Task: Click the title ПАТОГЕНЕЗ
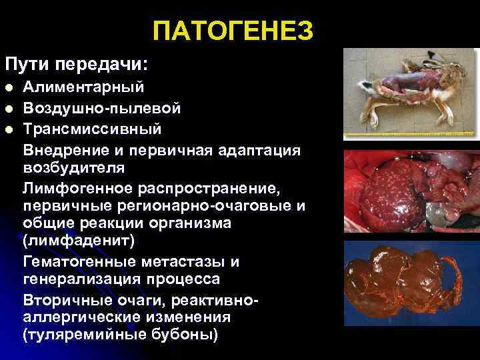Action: click(x=233, y=31)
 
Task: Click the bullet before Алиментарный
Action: click(x=9, y=87)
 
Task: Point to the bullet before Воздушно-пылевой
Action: click(x=9, y=108)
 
